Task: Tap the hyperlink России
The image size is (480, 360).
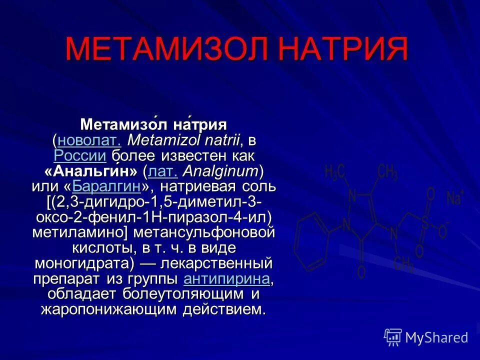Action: click(80, 155)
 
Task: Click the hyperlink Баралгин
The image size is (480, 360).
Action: click(105, 187)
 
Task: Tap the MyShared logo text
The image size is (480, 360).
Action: click(436, 337)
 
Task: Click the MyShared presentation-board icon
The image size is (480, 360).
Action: click(393, 337)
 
